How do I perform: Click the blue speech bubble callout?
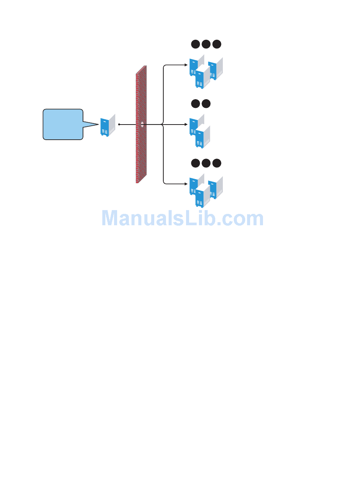click(x=63, y=125)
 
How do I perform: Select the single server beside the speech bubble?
click(x=107, y=125)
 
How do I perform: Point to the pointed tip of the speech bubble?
click(x=97, y=124)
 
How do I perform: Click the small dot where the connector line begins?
click(x=119, y=124)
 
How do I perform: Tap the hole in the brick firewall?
click(x=142, y=124)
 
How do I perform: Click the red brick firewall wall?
click(x=141, y=159)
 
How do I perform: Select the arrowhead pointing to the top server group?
click(x=186, y=65)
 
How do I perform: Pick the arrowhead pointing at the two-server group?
click(x=186, y=124)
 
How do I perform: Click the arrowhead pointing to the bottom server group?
click(x=186, y=184)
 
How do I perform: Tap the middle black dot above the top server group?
click(x=206, y=44)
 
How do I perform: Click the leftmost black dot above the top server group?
click(x=195, y=44)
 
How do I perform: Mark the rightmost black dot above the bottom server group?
click(x=216, y=163)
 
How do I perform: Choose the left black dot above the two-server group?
click(x=195, y=104)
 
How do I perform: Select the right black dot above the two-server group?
click(x=206, y=104)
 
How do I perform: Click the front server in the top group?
click(x=202, y=78)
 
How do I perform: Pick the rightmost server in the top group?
click(x=215, y=69)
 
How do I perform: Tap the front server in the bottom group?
click(x=202, y=196)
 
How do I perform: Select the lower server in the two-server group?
click(x=202, y=137)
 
